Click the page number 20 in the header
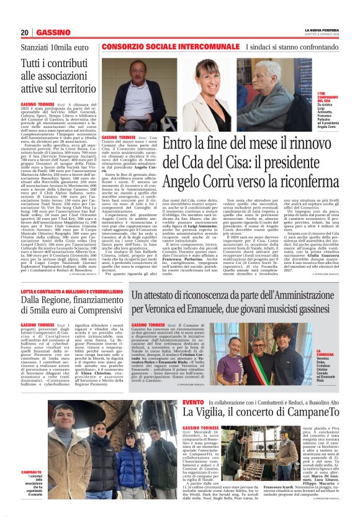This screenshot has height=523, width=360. [25, 32]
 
